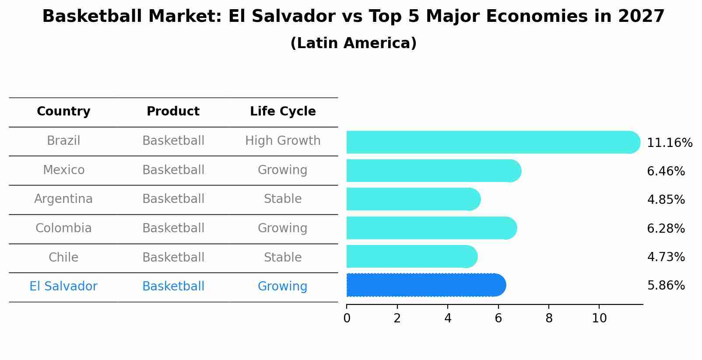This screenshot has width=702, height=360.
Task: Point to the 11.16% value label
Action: pyautogui.click(x=669, y=143)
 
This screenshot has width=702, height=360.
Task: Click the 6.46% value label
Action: pyautogui.click(x=666, y=171)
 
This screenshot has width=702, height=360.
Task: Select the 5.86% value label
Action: pyautogui.click(x=666, y=286)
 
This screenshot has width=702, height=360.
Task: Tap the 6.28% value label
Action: pyautogui.click(x=666, y=229)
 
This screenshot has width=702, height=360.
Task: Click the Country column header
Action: pyautogui.click(x=63, y=112)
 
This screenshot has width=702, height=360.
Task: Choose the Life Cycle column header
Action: pyautogui.click(x=283, y=112)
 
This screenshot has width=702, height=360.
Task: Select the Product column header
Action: pyautogui.click(x=173, y=112)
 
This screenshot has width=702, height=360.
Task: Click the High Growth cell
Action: pyautogui.click(x=283, y=141)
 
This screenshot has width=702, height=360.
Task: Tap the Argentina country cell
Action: pyautogui.click(x=63, y=199)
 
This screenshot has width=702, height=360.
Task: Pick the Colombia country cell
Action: pyautogui.click(x=63, y=228)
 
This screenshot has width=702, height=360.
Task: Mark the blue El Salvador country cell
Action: pyautogui.click(x=63, y=287)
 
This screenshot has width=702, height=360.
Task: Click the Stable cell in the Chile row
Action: pyautogui.click(x=283, y=258)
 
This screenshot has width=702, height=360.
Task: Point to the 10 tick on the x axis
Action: pyautogui.click(x=599, y=318)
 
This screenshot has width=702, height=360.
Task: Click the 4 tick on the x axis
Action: pyautogui.click(x=448, y=318)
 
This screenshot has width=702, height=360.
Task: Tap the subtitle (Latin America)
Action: pyautogui.click(x=353, y=43)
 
